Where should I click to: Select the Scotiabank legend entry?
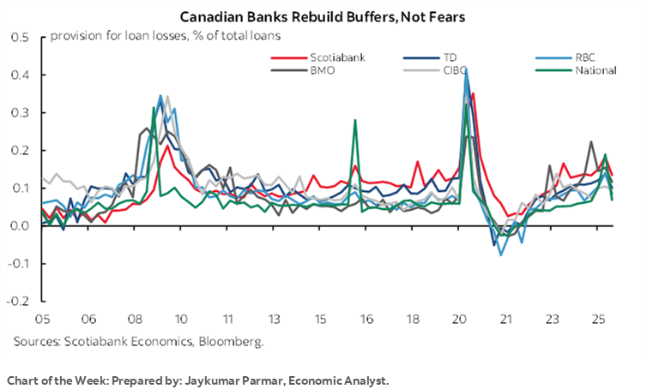tap(317, 58)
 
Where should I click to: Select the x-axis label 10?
tap(181, 320)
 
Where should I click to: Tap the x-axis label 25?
tap(596, 320)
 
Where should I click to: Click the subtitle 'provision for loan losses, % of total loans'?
tap(166, 35)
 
